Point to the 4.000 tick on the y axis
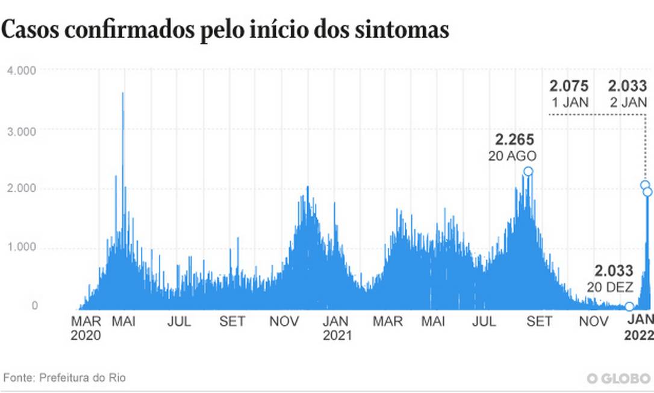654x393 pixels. (22, 71)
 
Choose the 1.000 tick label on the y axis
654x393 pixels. (22, 248)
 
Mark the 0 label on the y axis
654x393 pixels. (34, 306)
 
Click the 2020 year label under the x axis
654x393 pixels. (86, 335)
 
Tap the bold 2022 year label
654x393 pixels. (640, 335)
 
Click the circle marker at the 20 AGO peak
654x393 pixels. (528, 172)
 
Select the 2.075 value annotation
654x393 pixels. (569, 86)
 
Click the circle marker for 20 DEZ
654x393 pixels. (629, 307)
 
